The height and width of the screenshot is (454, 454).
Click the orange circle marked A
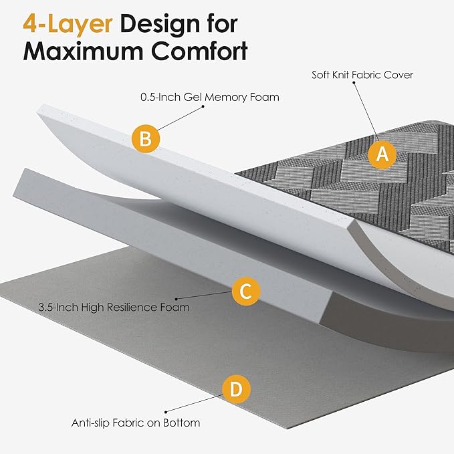click(382, 154)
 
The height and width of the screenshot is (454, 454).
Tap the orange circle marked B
click(146, 138)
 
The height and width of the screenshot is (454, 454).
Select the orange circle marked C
click(246, 291)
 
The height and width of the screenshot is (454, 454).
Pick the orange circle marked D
click(236, 389)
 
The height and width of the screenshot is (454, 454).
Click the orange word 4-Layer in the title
click(68, 24)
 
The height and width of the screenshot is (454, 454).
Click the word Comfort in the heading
click(199, 51)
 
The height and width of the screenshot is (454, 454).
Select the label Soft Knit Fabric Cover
click(362, 75)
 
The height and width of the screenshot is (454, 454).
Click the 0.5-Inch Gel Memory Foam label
click(210, 97)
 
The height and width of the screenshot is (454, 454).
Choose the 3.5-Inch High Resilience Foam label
click(114, 307)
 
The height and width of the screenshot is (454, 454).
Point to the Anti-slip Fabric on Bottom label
click(136, 423)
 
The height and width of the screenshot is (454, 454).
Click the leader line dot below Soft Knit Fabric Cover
click(354, 82)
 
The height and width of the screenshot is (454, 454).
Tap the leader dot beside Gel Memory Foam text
click(203, 106)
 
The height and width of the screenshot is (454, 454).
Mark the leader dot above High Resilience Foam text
click(176, 298)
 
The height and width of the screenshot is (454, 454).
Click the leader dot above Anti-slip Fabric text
click(166, 412)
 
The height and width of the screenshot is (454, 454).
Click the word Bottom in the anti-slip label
click(182, 423)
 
